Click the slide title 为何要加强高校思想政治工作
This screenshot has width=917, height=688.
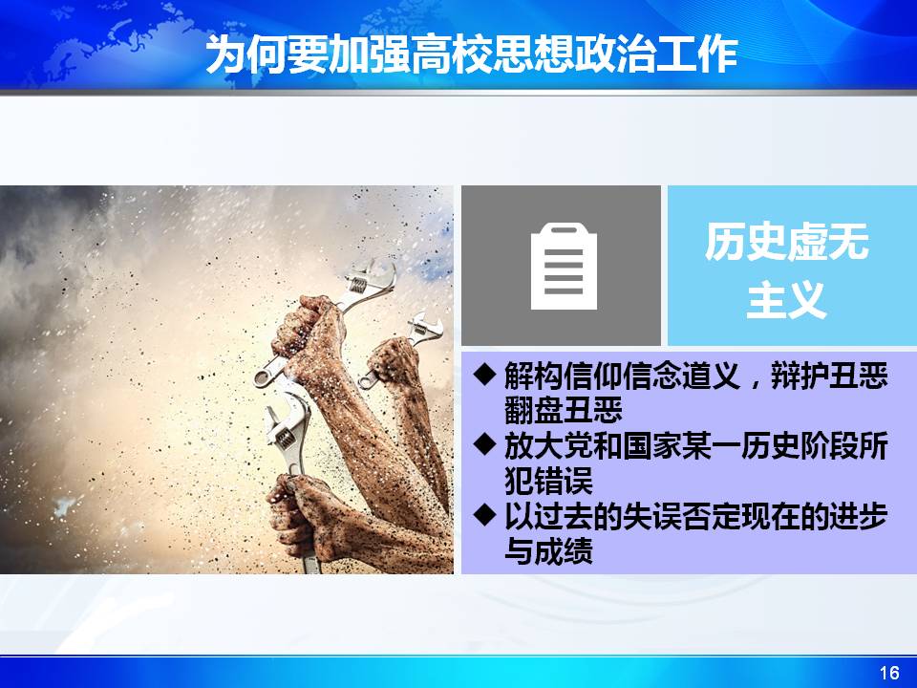tap(471, 54)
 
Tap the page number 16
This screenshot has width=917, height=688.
tap(889, 673)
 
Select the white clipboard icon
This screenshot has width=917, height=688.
tap(564, 267)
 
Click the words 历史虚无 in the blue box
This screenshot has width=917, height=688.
tap(786, 242)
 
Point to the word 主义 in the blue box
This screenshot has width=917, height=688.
tap(786, 299)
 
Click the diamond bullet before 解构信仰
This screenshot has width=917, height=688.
tap(485, 375)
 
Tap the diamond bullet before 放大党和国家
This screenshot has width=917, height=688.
tap(485, 444)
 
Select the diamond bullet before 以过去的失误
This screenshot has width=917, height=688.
tap(485, 515)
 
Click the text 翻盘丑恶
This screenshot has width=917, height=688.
tap(564, 410)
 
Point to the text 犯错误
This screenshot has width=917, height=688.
tap(548, 481)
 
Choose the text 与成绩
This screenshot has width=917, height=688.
tap(548, 550)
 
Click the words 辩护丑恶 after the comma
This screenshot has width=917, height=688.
tap(829, 375)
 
